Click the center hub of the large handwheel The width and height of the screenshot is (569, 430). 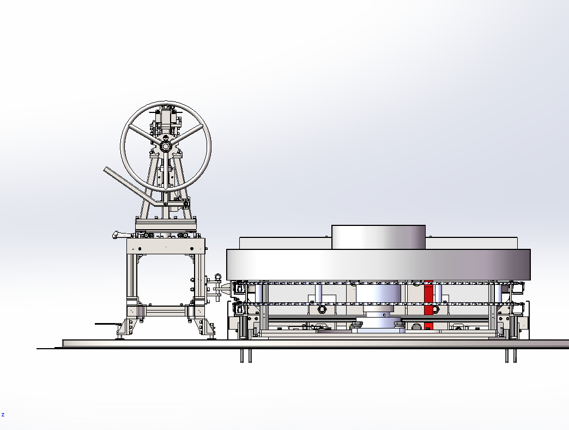(x=166, y=147)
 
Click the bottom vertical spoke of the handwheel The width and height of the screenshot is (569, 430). (x=166, y=171)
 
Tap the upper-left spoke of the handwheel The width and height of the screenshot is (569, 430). (x=144, y=134)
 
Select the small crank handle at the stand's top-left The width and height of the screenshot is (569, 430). (x=119, y=235)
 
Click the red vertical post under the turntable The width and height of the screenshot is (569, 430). (x=428, y=305)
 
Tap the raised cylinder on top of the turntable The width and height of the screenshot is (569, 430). (x=378, y=237)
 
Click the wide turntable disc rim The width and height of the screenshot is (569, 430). (x=378, y=265)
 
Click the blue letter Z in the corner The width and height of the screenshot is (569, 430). (x=3, y=415)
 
